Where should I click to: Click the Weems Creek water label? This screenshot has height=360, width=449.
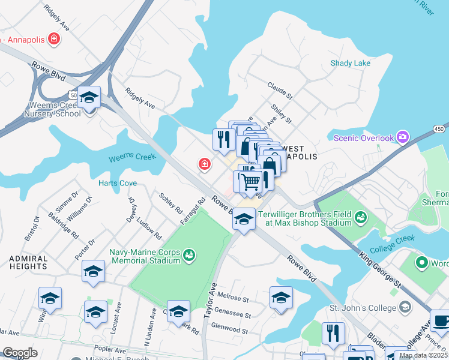(x=132, y=158)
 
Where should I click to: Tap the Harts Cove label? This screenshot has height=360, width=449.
(x=118, y=183)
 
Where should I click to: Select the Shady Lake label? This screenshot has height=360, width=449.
(x=351, y=63)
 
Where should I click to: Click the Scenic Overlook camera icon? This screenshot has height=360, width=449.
(x=403, y=138)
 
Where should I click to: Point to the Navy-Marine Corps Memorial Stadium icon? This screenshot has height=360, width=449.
(x=189, y=256)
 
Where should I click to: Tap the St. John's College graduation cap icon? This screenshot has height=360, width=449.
(x=406, y=308)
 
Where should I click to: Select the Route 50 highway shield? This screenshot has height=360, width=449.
(x=74, y=95)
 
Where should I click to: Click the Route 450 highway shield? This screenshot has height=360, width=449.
(x=439, y=128)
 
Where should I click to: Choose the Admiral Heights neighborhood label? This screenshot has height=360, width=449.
(x=28, y=262)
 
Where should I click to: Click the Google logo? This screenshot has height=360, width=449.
(x=20, y=353)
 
